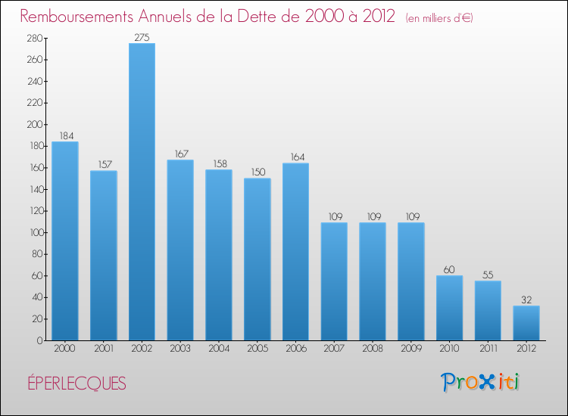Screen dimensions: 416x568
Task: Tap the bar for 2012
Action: coord(526,323)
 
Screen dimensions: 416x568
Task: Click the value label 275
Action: coord(142,37)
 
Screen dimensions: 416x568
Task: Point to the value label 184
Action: coord(65,136)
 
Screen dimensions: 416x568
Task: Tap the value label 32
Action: coord(526,300)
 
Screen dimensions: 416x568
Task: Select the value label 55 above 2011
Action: coord(488,275)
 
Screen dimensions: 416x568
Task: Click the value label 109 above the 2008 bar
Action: coord(373,216)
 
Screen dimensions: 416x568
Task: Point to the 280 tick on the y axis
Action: coord(33,38)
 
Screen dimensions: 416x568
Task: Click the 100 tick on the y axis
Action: coord(33,232)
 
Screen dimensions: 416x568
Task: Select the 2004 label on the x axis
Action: coord(219,350)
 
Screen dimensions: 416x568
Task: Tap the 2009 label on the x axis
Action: coord(411,350)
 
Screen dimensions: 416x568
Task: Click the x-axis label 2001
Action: coord(104,350)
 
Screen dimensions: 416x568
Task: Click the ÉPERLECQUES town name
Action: coord(74,383)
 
